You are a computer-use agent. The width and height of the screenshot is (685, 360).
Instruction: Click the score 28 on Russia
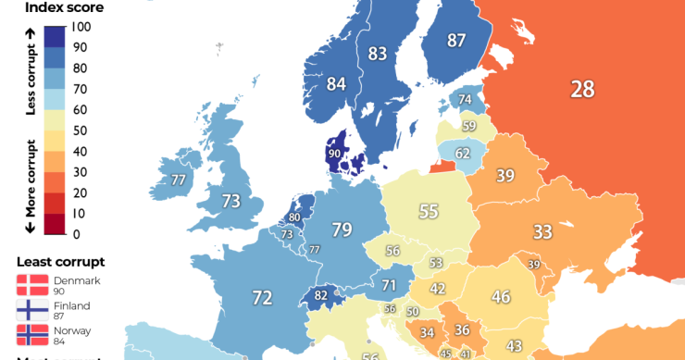[582, 89]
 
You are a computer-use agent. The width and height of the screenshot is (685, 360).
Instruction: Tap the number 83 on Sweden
[377, 54]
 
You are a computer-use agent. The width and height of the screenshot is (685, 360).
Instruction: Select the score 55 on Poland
[428, 211]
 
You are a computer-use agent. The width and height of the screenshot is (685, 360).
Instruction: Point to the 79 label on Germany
[342, 229]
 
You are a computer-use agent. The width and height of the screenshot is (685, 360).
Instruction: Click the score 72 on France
[263, 298]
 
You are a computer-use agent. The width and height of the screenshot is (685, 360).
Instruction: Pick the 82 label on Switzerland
[321, 296]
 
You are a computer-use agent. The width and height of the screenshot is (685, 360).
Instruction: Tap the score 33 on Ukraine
[542, 231]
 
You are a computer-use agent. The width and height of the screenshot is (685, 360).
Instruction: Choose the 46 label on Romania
[501, 297]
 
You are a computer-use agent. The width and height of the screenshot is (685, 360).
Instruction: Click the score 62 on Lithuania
[463, 153]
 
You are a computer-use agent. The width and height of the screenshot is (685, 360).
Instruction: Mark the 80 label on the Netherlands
[295, 218]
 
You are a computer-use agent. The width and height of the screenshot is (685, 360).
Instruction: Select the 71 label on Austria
[390, 285]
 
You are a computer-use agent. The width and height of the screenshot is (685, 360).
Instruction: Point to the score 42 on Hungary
[438, 289]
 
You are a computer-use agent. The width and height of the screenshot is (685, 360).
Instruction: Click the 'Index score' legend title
[64, 8]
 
